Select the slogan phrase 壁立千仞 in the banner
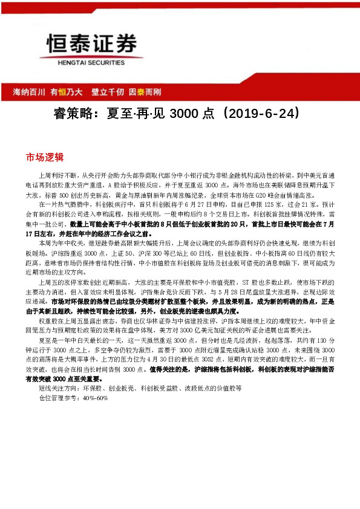(x=108, y=92)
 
